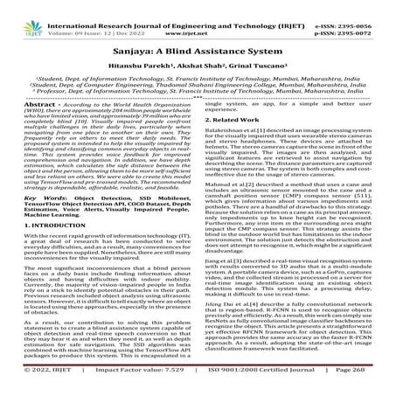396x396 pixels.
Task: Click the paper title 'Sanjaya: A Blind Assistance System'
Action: pos(198,43)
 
